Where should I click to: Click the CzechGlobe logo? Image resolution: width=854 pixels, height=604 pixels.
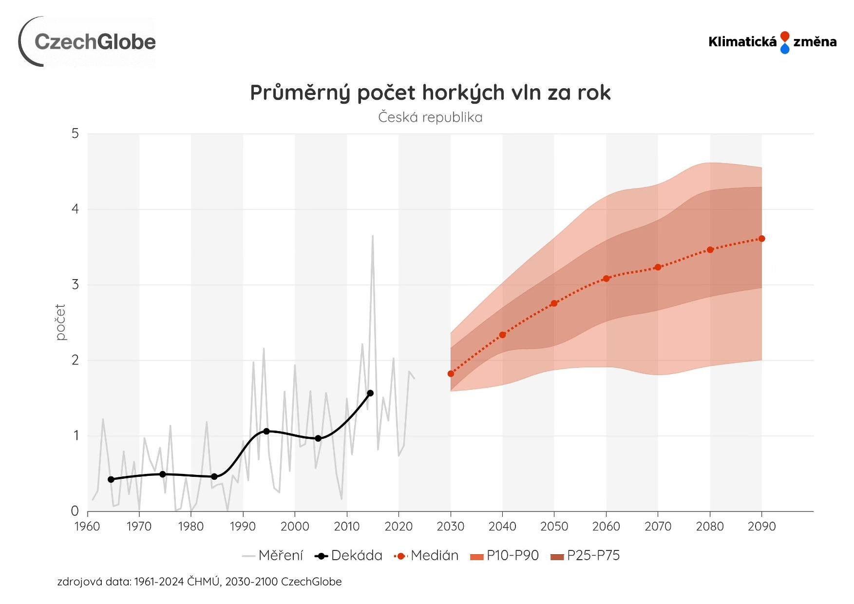88,42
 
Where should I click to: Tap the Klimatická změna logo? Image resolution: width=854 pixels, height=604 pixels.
772,42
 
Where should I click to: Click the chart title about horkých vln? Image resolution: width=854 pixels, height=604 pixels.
430,93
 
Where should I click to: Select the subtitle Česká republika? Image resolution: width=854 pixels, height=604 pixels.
430,117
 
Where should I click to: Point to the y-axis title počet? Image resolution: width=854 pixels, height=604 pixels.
60,322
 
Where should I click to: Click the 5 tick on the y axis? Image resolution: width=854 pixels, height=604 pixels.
75,133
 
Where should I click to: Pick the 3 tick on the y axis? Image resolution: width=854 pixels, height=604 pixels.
75,284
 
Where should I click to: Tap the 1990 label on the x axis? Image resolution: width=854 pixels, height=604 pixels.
243,527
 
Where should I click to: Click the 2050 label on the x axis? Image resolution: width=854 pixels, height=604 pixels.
554,527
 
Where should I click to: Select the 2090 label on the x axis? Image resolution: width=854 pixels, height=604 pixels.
761,527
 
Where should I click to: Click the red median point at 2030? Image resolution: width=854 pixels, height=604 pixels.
451,374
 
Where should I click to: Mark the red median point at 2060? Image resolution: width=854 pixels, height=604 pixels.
606,279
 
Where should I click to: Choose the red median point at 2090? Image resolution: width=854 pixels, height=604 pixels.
761,239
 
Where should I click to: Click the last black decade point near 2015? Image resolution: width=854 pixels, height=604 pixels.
370,393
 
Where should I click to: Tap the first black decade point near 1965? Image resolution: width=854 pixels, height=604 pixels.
111,479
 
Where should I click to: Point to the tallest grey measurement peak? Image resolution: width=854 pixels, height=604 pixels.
373,237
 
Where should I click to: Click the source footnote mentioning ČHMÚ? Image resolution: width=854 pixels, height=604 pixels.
199,582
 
